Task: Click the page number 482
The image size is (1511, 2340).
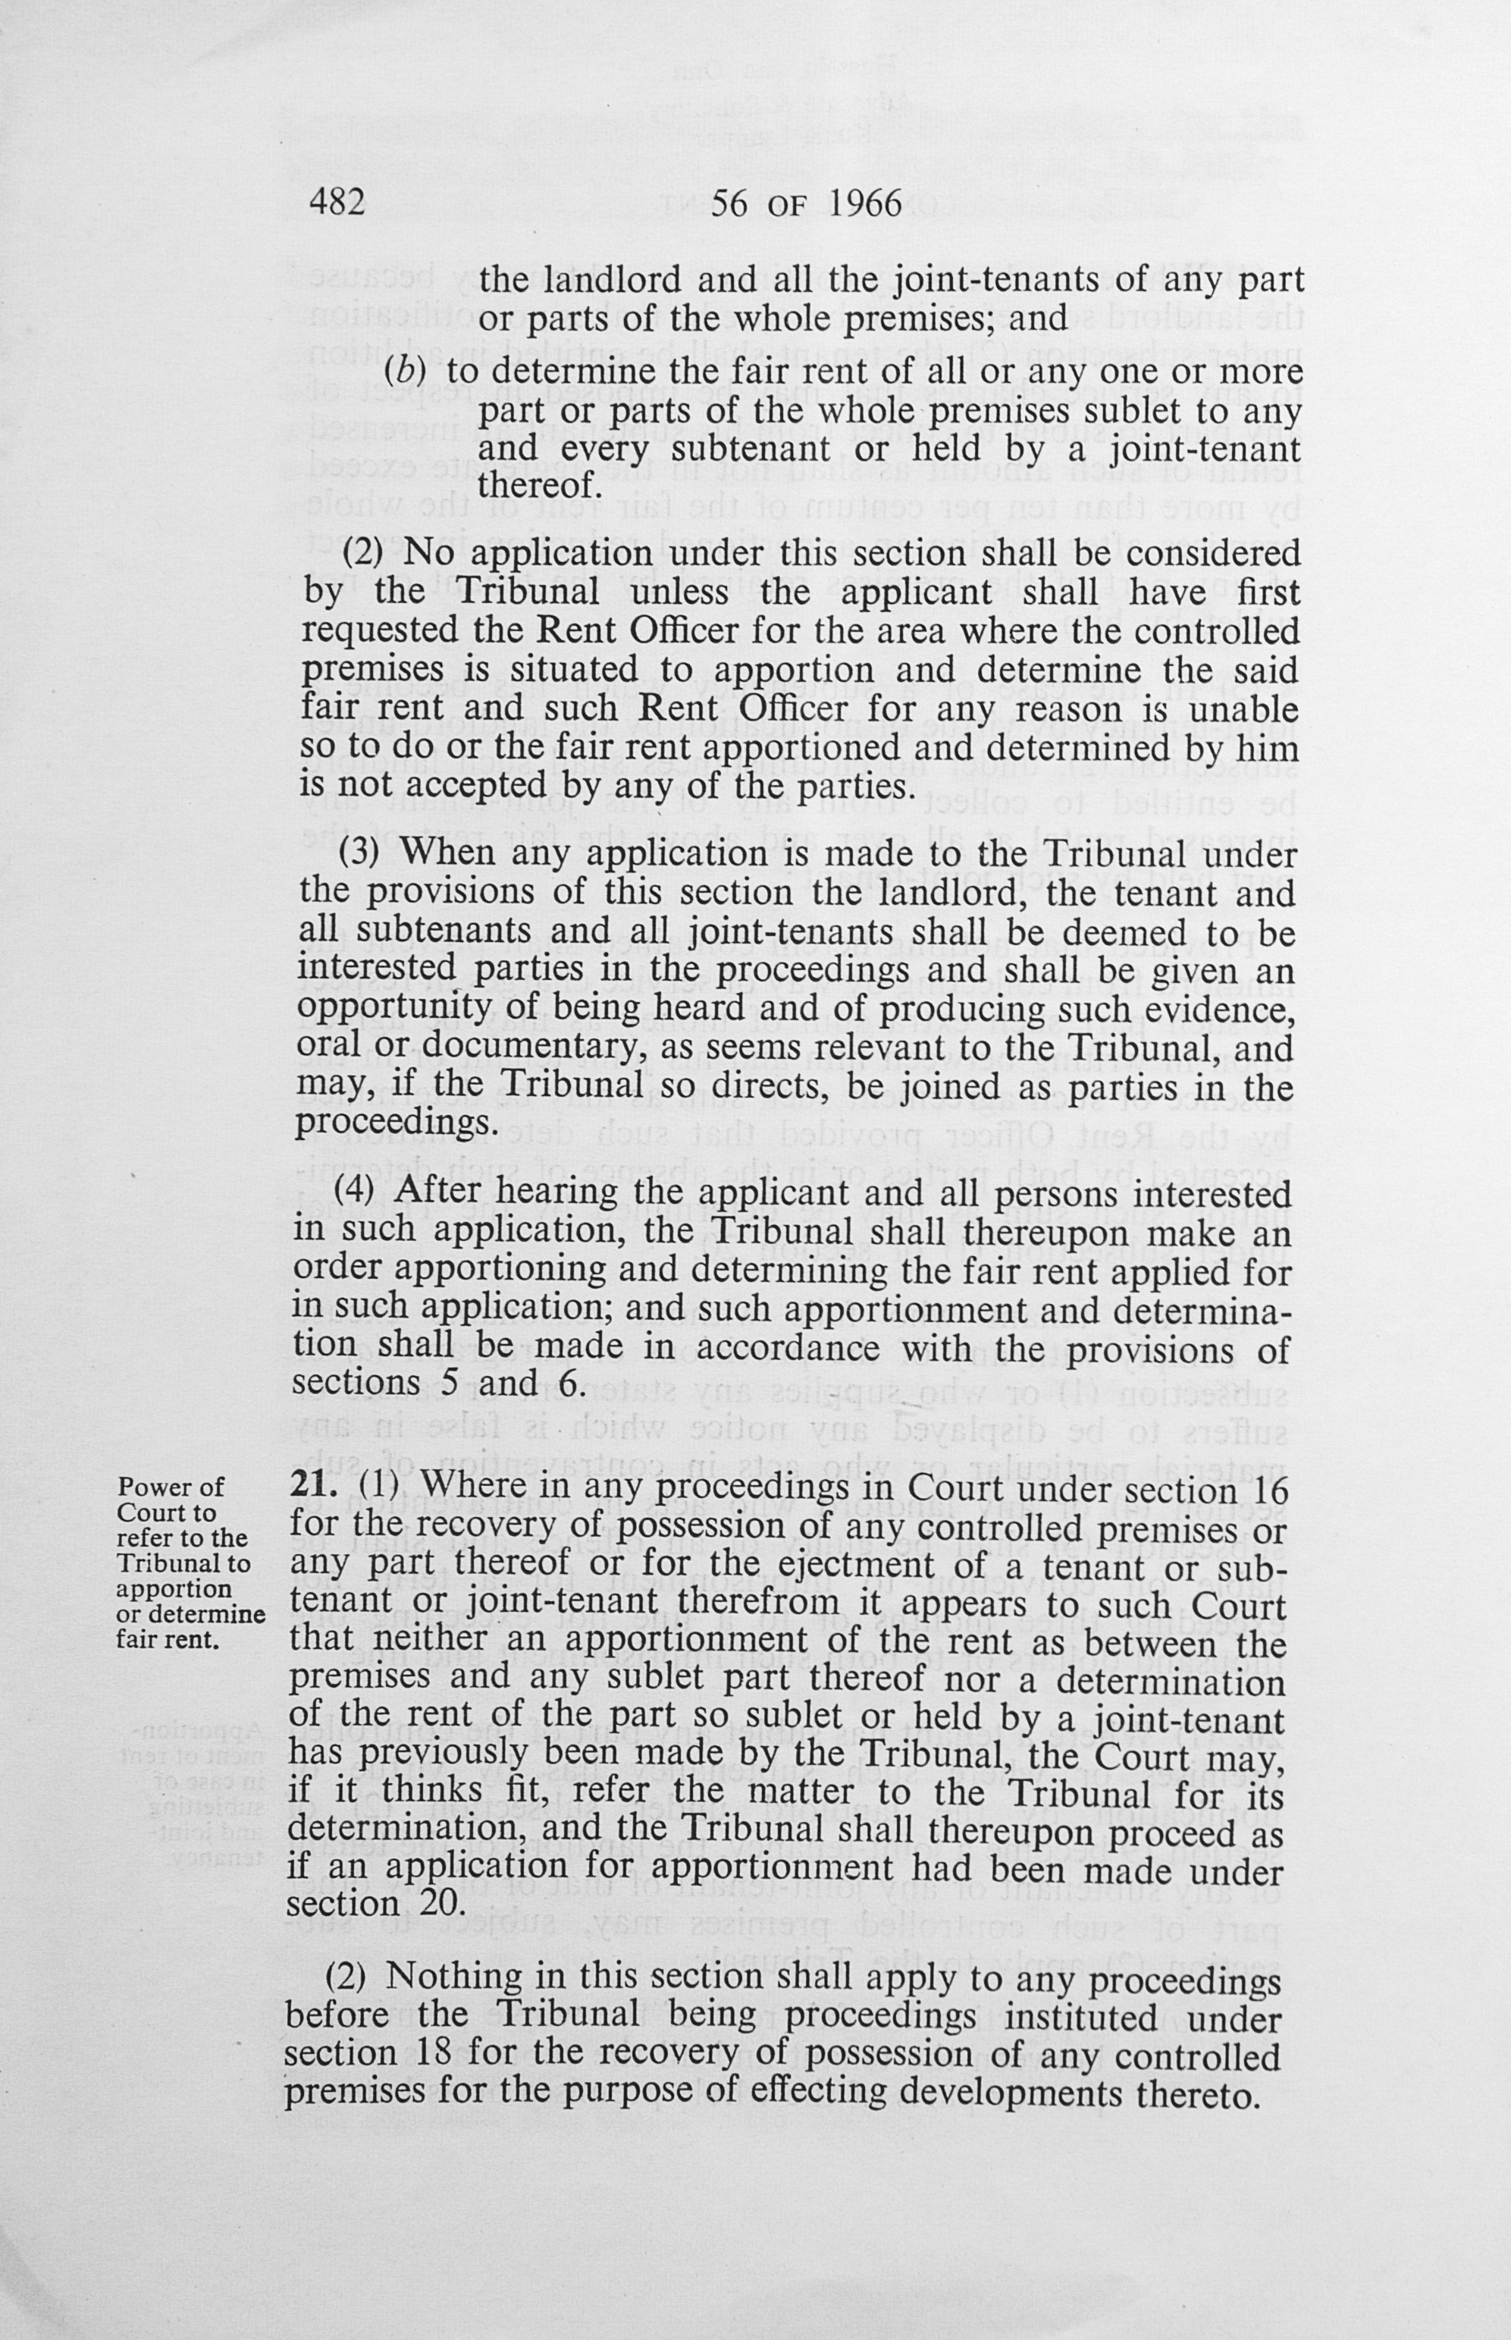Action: (337, 203)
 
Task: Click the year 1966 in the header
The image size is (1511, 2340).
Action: (864, 203)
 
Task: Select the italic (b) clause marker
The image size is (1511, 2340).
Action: (403, 372)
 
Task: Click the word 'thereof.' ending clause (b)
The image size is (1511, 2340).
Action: (538, 485)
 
